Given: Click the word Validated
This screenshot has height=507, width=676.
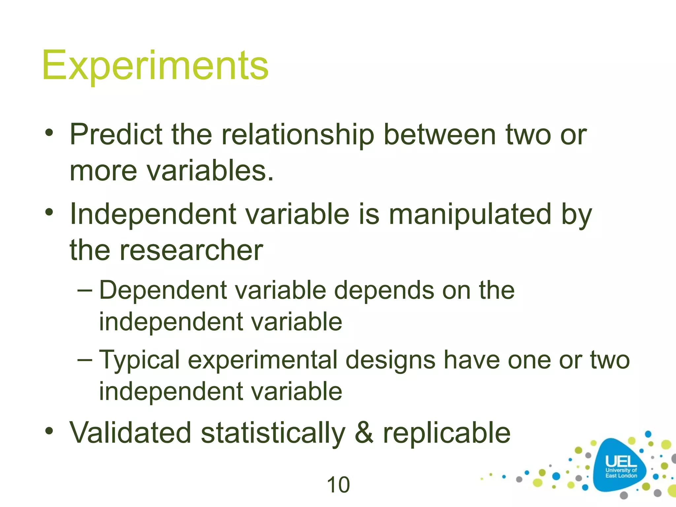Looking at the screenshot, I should [x=130, y=433].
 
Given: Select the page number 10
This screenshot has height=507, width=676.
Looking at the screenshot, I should [x=338, y=485].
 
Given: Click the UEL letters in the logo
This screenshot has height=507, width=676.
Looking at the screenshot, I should [x=621, y=461].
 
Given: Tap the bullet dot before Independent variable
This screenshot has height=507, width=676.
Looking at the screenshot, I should [x=49, y=212].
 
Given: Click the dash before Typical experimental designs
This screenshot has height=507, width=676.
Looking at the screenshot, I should [x=85, y=359].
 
